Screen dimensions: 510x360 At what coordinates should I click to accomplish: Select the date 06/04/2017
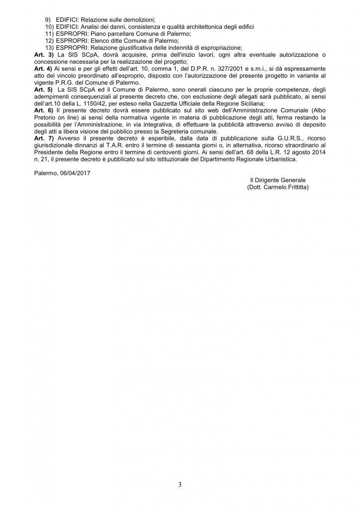point(77,172)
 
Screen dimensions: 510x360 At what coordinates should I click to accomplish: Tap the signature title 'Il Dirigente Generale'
point(277,179)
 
